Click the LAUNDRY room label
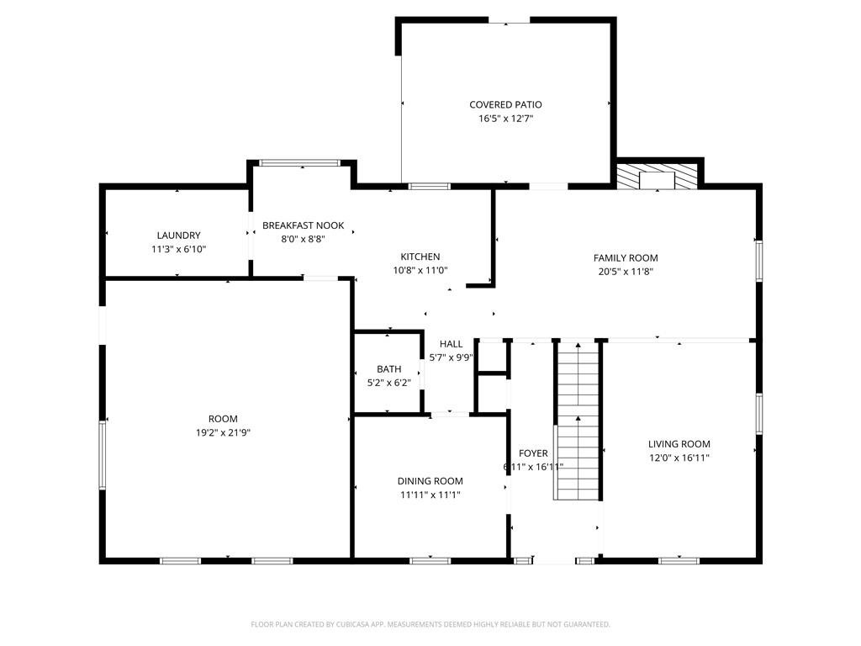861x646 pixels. click(178, 236)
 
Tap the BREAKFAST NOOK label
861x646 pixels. click(303, 225)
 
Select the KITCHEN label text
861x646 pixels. click(420, 257)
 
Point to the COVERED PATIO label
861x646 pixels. click(505, 105)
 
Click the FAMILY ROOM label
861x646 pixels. click(626, 258)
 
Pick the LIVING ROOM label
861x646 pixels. click(679, 444)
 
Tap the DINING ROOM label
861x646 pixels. click(430, 481)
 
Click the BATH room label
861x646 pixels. click(388, 369)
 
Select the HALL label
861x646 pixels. click(451, 344)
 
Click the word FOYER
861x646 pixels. click(533, 453)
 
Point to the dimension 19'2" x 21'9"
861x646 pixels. click(223, 433)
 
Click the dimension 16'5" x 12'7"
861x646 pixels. click(505, 119)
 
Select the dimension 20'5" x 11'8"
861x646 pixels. click(626, 272)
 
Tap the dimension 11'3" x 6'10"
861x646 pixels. click(178, 249)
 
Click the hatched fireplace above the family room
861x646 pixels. click(658, 176)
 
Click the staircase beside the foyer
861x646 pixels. click(578, 421)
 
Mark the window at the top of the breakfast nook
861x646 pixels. click(300, 163)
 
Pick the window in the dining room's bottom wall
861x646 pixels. click(430, 561)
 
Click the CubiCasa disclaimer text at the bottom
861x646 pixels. click(430, 625)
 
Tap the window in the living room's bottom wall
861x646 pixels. click(679, 561)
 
